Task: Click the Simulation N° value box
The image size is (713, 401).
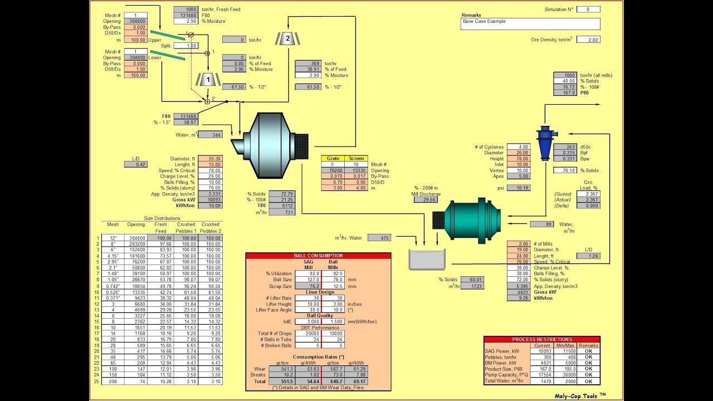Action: click(x=588, y=9)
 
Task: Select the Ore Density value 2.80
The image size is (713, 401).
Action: click(x=588, y=40)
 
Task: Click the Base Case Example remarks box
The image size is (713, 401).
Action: click(x=530, y=24)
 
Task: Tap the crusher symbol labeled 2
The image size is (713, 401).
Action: click(x=287, y=38)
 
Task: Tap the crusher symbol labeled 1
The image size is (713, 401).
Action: click(x=208, y=80)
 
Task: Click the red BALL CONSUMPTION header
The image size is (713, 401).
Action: click(x=318, y=256)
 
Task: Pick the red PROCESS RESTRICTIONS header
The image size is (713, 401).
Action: click(x=541, y=339)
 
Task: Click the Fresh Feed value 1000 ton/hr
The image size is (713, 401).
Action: click(x=185, y=9)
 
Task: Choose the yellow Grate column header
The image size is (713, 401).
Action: click(x=333, y=158)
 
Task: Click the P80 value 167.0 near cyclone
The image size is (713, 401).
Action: click(x=565, y=93)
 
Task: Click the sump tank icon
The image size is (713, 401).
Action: click(x=427, y=260)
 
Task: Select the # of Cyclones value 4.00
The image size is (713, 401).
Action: click(x=518, y=147)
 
